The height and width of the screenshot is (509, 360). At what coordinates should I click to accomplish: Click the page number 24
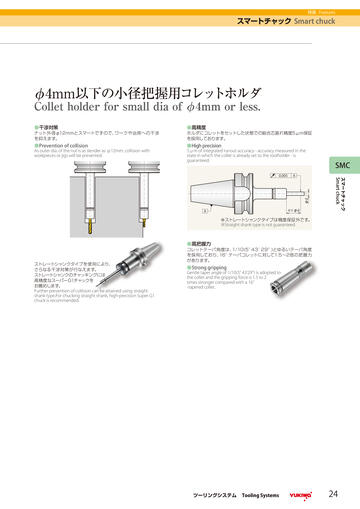(x=333, y=493)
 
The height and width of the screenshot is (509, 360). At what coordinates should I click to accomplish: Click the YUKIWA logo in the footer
(x=301, y=494)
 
